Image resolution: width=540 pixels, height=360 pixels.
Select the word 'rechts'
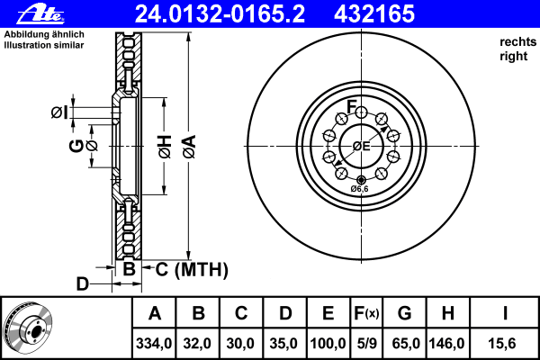517,42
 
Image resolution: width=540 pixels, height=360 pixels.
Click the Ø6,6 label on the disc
359,189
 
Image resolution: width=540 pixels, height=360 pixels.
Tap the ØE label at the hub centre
362,146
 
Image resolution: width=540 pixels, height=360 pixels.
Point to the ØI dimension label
59,112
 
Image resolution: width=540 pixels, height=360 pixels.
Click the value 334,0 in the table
154,342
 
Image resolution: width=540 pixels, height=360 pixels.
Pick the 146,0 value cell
447,342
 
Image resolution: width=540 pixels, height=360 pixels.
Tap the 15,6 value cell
505,342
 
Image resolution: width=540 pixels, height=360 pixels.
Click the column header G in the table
404,313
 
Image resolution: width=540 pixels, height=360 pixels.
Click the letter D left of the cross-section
82,284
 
